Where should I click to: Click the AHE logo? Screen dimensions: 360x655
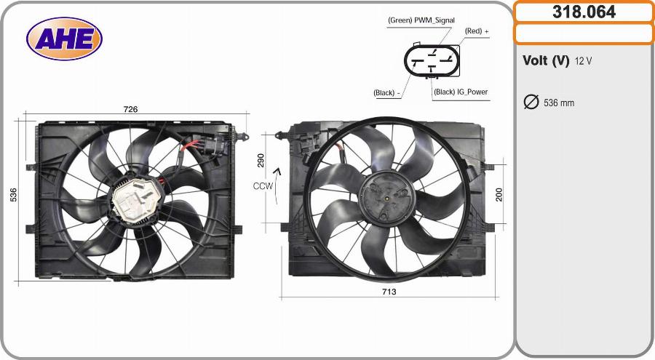(x=64, y=39)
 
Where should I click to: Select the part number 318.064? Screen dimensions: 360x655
(x=584, y=12)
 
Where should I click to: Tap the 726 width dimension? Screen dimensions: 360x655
(x=130, y=109)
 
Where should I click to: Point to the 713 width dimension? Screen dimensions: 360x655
(x=389, y=292)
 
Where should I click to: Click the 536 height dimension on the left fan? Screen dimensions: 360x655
(x=13, y=195)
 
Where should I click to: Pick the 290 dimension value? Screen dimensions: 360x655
(x=260, y=161)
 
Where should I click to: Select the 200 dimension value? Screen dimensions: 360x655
(x=499, y=194)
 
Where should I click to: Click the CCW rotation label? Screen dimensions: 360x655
(x=263, y=186)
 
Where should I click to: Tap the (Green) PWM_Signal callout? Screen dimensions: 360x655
(x=421, y=20)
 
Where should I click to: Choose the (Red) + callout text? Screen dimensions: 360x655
(x=477, y=31)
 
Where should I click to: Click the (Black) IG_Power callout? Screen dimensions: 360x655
(x=460, y=92)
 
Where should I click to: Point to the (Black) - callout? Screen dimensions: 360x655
(x=386, y=92)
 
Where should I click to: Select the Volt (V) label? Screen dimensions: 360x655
(x=545, y=61)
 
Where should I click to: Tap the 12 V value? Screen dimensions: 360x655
(x=583, y=61)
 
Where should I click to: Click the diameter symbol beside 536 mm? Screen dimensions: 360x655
(x=531, y=102)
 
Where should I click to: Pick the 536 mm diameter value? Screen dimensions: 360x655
(x=559, y=103)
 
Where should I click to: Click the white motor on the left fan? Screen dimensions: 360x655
(x=135, y=201)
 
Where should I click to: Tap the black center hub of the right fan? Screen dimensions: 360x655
(x=387, y=196)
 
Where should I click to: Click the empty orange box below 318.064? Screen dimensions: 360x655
(x=584, y=33)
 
